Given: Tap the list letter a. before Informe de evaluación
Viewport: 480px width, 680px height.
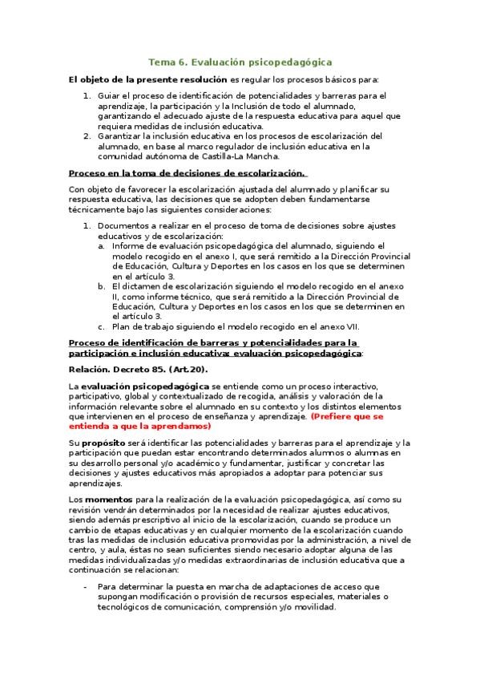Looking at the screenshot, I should pyautogui.click(x=102, y=246).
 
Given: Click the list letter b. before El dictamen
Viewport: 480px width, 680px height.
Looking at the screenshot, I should pyautogui.click(x=102, y=285).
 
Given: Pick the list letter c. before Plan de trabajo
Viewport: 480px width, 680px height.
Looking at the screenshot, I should pyautogui.click(x=102, y=326).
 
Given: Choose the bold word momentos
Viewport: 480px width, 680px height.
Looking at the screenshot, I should pyautogui.click(x=113, y=501).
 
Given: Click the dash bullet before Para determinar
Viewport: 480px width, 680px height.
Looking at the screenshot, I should pyautogui.click(x=87, y=588).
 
